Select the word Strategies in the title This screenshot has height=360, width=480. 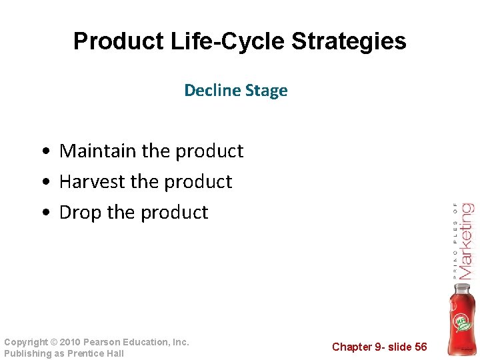[349, 41]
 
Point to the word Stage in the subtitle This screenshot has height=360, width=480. [266, 91]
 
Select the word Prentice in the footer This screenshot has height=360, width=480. [86, 353]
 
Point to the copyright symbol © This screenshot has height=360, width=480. [53, 342]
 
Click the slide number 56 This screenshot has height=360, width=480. [421, 347]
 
